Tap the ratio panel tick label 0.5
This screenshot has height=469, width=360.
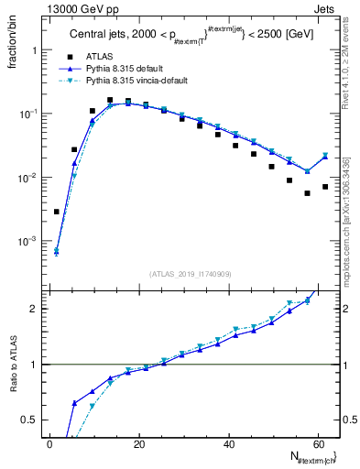click(32, 420)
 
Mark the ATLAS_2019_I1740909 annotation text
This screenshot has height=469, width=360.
click(190, 273)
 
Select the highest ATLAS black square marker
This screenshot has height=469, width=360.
click(110, 100)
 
